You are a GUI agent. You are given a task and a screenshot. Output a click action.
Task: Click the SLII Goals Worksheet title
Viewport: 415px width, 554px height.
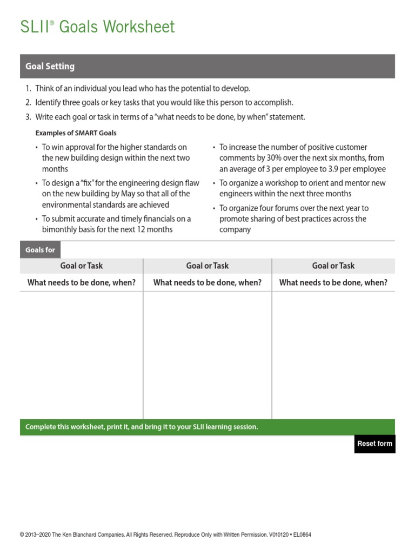98,27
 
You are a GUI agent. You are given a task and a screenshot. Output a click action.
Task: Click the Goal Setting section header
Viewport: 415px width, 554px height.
50,67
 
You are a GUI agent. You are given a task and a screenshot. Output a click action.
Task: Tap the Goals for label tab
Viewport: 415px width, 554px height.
41,250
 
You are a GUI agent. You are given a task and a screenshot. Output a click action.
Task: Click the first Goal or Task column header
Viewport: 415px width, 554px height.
81,266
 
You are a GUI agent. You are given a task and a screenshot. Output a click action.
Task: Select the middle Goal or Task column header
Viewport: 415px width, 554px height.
207,266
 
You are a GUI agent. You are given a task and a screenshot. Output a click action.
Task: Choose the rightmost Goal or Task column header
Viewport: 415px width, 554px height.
333,266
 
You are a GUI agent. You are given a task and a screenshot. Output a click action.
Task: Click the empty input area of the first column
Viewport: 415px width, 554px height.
81,354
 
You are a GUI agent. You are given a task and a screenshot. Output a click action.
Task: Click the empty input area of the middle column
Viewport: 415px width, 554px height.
207,354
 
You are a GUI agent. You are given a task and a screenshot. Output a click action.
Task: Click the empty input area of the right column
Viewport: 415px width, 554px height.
333,354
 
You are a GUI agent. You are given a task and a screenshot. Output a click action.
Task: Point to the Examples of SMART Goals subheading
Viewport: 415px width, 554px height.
76,133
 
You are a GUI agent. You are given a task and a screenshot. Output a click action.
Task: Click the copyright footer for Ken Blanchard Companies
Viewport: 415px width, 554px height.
165,535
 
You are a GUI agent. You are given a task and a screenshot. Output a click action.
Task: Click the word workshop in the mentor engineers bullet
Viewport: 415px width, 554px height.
281,183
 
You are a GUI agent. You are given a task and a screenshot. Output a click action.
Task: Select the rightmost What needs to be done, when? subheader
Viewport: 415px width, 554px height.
333,282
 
